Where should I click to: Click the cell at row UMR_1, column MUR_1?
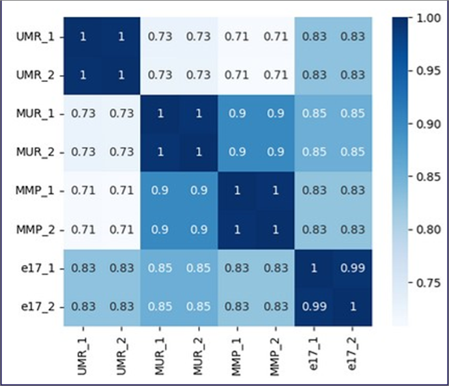click(160, 36)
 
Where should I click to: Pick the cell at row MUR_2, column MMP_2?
click(275, 152)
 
